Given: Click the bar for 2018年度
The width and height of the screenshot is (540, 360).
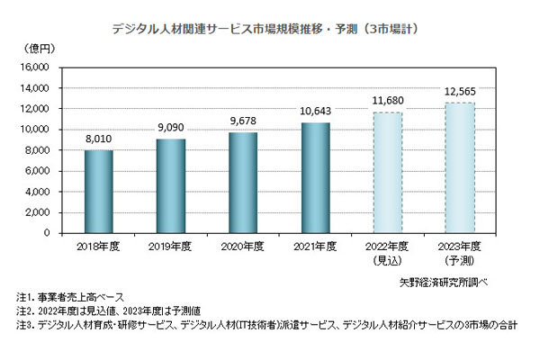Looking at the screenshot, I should (99, 191).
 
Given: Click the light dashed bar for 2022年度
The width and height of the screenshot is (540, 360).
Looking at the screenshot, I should (388, 172).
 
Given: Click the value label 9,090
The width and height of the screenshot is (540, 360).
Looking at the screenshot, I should (171, 129).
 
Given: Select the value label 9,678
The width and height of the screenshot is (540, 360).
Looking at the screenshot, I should (243, 122).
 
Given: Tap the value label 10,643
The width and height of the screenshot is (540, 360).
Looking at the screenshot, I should (315, 112).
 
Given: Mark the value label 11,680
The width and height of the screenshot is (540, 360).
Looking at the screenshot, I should (388, 101).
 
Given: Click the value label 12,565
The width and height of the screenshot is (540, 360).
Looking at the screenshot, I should (460, 92).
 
